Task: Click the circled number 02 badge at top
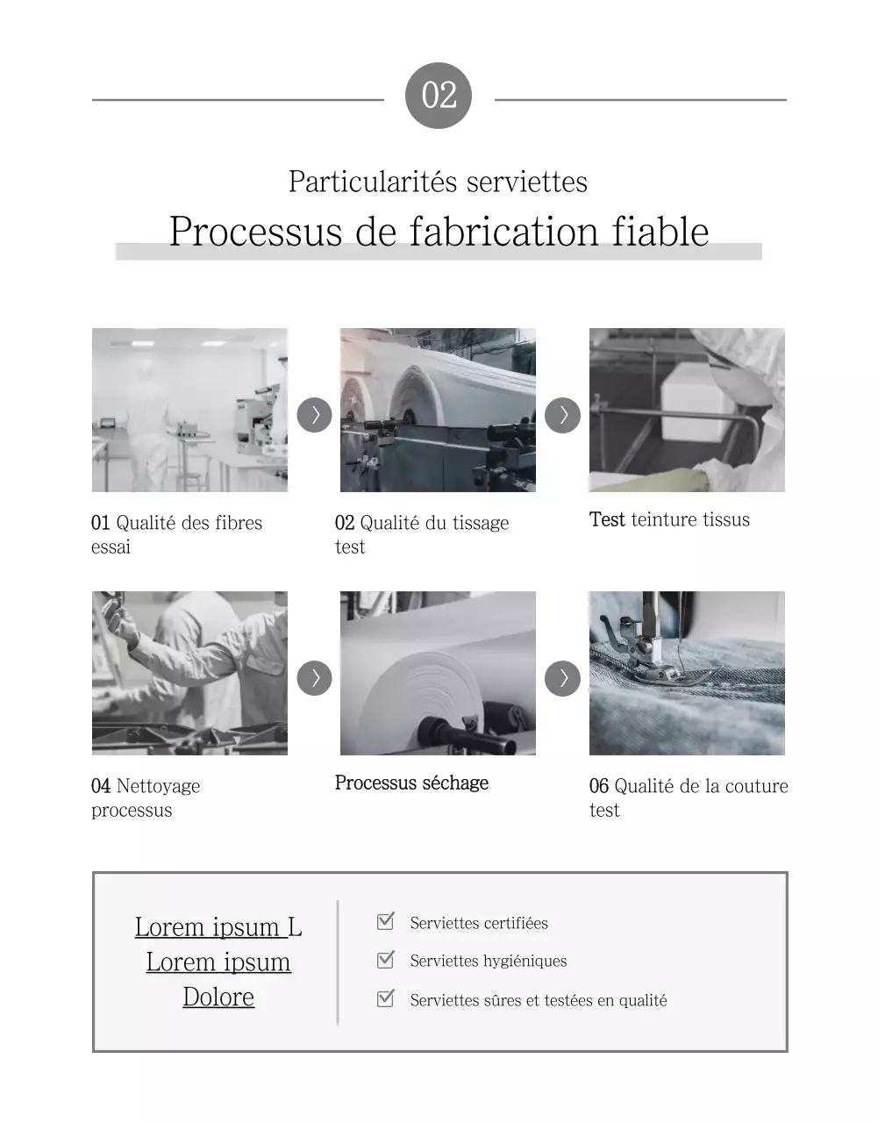(439, 96)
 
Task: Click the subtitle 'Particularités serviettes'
(438, 182)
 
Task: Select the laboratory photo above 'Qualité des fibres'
(189, 410)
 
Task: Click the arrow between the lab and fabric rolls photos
(314, 415)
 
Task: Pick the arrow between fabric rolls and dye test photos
(562, 415)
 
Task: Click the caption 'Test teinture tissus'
(669, 519)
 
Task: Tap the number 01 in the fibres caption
(100, 523)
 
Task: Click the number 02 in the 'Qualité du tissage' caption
(345, 523)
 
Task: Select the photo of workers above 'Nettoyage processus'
(189, 673)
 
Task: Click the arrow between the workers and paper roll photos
(314, 678)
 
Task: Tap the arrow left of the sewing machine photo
(562, 678)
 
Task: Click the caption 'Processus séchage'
(411, 783)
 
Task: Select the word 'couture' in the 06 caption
(755, 786)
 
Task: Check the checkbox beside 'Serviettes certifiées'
(385, 921)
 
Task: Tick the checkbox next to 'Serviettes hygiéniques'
(385, 960)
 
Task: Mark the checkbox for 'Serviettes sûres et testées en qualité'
(385, 998)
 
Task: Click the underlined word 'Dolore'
(218, 997)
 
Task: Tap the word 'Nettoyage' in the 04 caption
(158, 786)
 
